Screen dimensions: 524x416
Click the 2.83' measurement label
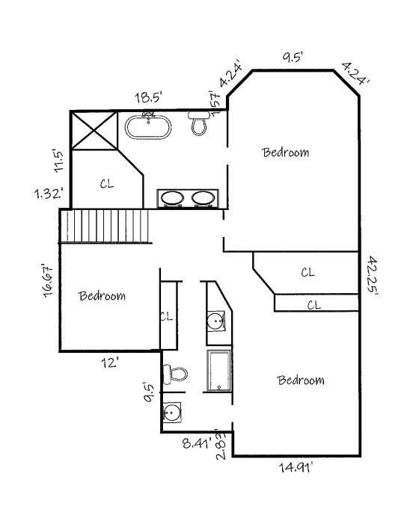[x=221, y=445]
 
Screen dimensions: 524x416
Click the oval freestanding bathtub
[x=148, y=126]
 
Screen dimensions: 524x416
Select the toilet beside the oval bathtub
[x=198, y=124]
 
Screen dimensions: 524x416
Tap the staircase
[x=105, y=226]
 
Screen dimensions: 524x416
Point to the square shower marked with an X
[x=94, y=131]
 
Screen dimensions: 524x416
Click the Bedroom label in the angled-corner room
[x=285, y=152]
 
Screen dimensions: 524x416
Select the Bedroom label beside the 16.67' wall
[x=103, y=296]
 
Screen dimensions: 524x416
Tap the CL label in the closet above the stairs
[x=107, y=184]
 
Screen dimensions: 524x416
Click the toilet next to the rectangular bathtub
[x=176, y=372]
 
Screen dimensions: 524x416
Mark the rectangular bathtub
[x=219, y=371]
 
